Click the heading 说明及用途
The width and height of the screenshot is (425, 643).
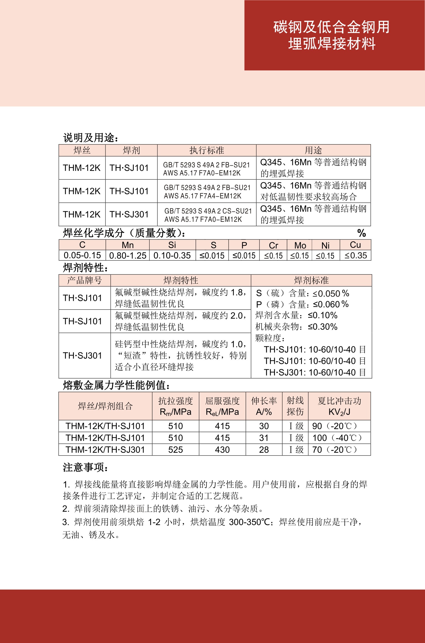pos(91,138)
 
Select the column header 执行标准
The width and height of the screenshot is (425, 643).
pos(206,150)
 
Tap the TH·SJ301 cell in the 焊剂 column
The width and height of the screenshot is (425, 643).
pos(129,214)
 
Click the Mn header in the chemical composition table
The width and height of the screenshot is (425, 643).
pos(127,245)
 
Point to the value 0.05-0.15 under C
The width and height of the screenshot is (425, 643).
pos(82,255)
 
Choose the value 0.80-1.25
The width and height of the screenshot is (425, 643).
pos(128,255)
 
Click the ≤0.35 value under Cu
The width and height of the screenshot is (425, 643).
pos(356,255)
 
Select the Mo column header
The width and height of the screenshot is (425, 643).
pos(300,245)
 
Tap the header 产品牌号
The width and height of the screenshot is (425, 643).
pos(84,280)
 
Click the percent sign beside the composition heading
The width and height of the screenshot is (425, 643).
pos(361,233)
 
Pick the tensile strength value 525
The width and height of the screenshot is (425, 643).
pos(175,450)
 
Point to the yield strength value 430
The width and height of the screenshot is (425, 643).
pos(222,450)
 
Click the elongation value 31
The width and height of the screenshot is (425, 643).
pos(264,438)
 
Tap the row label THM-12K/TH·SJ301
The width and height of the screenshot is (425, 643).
pos(105,450)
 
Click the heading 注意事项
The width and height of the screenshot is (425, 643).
pos(85,467)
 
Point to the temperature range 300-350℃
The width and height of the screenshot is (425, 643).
pos(249,522)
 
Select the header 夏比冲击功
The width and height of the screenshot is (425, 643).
pos(339,401)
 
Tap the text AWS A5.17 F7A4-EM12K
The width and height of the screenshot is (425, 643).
pos(202,196)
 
